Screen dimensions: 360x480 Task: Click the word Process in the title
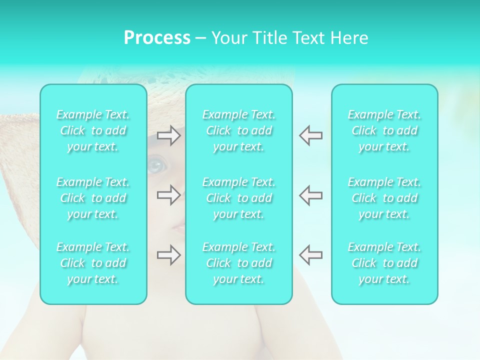157,38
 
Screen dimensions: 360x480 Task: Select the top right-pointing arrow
169,135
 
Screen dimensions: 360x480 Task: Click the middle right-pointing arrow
169,195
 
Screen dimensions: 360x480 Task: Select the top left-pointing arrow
311,135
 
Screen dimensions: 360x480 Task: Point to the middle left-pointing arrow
311,195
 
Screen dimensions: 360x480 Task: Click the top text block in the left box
93,130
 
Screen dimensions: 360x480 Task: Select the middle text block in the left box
93,198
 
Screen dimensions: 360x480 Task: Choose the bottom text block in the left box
93,263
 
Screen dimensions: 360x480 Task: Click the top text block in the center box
239,130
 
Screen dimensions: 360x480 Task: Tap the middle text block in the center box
239,198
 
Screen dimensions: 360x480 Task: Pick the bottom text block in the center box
239,263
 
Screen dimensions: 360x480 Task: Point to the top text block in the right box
384,130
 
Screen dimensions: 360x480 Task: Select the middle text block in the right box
384,198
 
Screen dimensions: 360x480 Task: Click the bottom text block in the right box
384,263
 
